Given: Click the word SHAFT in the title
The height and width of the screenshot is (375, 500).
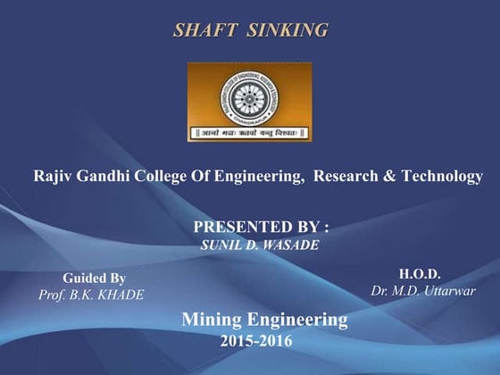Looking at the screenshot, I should click(x=204, y=30).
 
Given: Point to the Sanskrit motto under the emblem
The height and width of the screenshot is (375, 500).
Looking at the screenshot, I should click(x=250, y=134).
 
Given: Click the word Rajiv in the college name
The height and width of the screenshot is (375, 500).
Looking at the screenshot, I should click(x=52, y=176).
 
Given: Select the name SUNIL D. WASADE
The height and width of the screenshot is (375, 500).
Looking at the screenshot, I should click(x=255, y=243).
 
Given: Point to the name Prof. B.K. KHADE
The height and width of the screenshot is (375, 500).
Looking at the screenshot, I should click(x=91, y=295).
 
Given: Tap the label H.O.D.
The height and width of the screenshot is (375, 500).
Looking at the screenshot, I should click(x=420, y=273).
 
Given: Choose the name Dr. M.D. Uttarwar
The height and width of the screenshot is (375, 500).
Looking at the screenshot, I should click(x=423, y=290).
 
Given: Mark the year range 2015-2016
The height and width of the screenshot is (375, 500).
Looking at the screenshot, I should click(x=255, y=340).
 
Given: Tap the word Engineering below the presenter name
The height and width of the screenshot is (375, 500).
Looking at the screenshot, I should click(x=297, y=319).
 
